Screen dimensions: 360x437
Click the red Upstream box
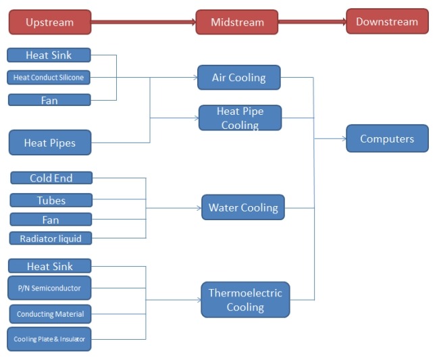(49, 22)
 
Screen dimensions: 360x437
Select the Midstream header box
(236, 22)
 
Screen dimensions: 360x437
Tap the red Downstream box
(387, 22)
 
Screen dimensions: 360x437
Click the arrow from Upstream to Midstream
(143, 22)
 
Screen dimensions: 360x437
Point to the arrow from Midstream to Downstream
(311, 22)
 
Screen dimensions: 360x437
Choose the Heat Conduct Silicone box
(49, 78)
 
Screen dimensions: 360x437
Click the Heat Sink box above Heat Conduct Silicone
(49, 55)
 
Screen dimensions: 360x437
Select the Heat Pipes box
(49, 143)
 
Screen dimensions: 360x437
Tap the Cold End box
(51, 178)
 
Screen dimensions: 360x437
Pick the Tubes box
(51, 200)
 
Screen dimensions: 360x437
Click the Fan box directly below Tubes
(51, 220)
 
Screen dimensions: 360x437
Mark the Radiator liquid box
(51, 238)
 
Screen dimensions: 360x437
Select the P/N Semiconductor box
(49, 288)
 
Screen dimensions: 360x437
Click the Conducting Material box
(50, 314)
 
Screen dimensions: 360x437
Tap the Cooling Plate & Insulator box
(49, 339)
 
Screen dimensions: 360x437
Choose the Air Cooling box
(238, 78)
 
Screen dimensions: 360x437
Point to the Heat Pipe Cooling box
(240, 118)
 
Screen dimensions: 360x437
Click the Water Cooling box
(243, 207)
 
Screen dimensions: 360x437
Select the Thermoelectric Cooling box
(245, 300)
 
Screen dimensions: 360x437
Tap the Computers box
(387, 138)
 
